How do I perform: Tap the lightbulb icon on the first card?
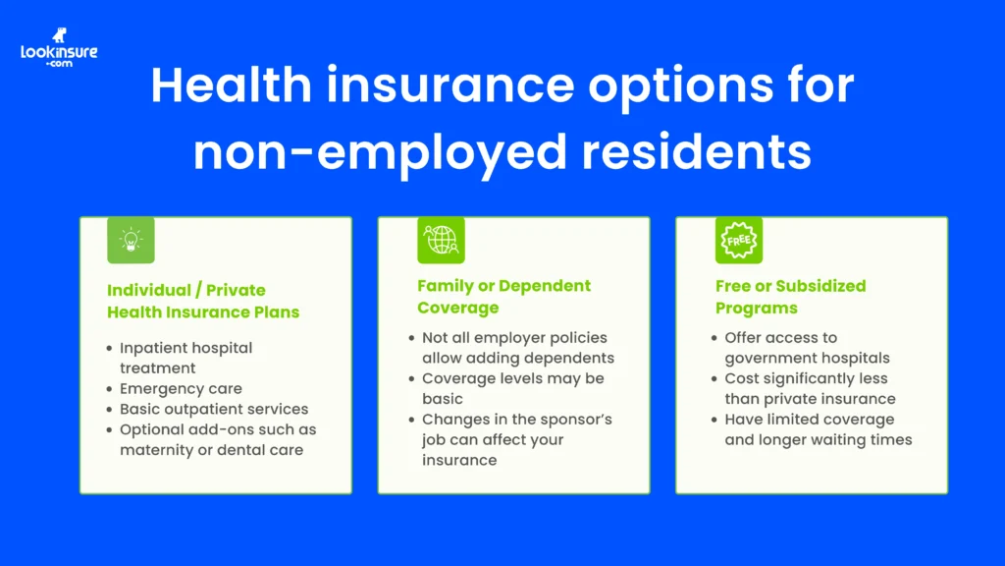tap(131, 241)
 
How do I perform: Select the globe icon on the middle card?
tap(441, 241)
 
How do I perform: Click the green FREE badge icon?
tap(738, 241)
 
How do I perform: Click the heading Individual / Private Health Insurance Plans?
tap(202, 301)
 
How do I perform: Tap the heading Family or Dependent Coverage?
tap(503, 296)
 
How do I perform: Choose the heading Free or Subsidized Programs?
tap(790, 296)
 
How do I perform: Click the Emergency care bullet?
tap(181, 388)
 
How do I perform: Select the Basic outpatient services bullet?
tap(213, 409)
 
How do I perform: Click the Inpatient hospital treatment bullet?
tap(185, 358)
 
